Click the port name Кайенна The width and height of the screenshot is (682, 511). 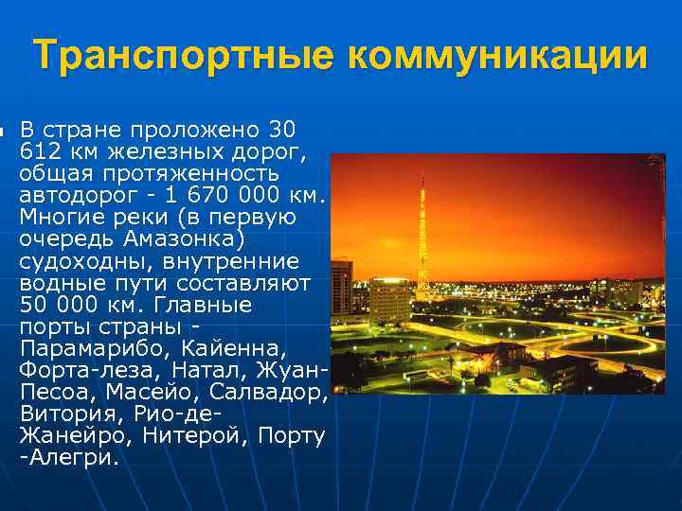coord(238,347)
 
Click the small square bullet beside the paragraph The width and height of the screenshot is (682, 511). coord(4,130)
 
